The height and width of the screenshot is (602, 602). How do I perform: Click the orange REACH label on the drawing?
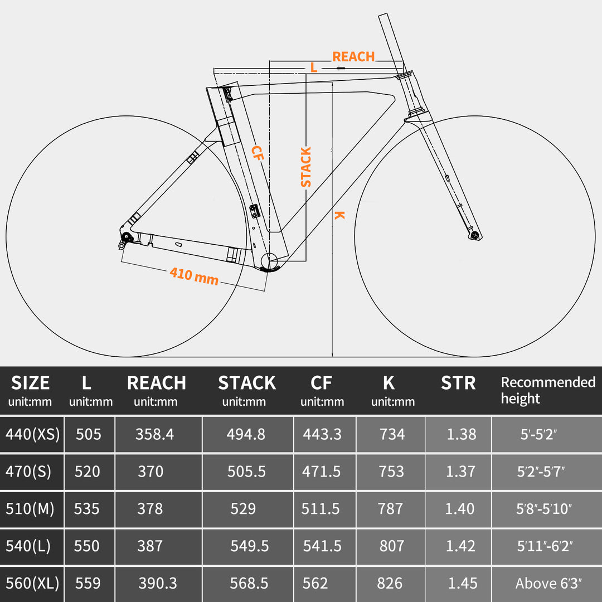353,57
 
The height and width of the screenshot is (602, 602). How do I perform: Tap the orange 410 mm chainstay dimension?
194,275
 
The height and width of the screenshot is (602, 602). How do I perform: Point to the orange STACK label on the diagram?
306,167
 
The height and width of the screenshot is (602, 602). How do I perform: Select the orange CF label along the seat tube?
257,153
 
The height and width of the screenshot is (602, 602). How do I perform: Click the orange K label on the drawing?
339,215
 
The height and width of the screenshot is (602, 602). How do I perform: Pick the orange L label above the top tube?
314,68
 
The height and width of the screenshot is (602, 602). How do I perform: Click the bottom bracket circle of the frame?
269,260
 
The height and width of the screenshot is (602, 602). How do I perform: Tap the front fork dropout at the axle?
475,236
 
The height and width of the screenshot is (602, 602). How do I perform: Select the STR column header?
458,383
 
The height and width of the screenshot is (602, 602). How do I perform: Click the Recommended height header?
548,390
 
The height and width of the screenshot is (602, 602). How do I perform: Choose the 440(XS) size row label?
32,434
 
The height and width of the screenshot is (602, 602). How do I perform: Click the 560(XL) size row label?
32,583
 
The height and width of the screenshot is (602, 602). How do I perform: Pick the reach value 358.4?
154,434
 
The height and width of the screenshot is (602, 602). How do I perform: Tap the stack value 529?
243,508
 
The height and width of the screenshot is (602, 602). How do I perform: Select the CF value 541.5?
322,546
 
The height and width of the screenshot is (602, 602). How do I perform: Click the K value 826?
390,583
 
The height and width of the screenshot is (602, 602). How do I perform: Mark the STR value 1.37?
461,472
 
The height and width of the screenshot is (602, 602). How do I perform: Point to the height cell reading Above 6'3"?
548,584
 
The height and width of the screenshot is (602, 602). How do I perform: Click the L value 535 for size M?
87,508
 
